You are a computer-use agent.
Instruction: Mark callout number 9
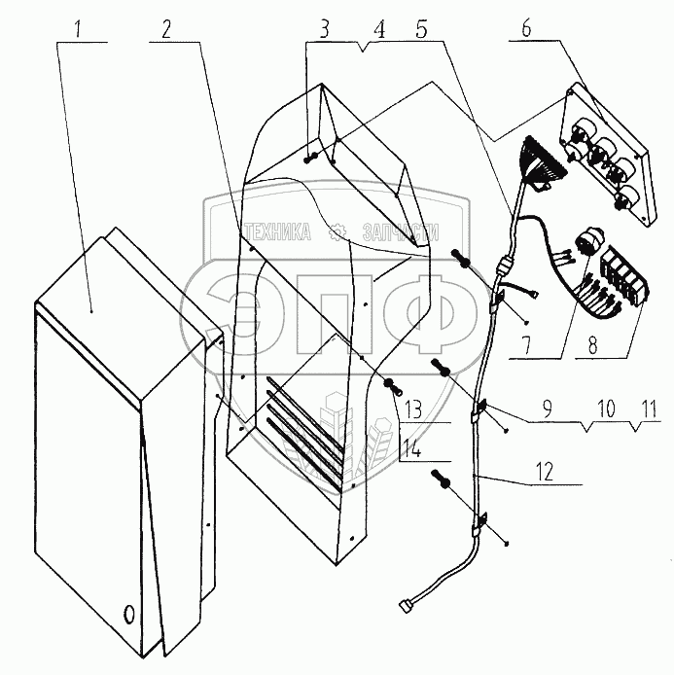[x=550, y=412]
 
